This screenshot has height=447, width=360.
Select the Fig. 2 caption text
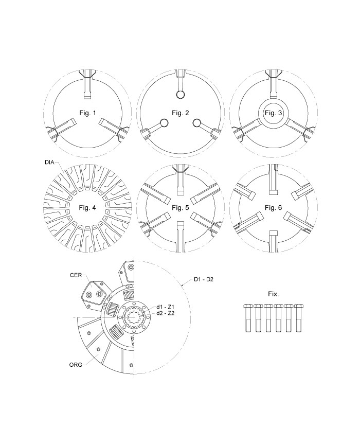[x=181, y=112]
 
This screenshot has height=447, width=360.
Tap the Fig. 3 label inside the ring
[x=273, y=112]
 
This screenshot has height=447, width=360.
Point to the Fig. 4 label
[x=87, y=207]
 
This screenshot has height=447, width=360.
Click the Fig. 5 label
[x=181, y=207]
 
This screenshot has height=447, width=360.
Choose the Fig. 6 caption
[x=273, y=207]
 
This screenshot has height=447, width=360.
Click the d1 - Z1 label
[x=166, y=307]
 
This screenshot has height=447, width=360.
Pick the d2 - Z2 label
[x=166, y=313]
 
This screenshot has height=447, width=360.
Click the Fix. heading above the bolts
[x=273, y=295]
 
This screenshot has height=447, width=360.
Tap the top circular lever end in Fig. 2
[x=181, y=95]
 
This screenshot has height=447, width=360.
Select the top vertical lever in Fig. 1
[x=87, y=85]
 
